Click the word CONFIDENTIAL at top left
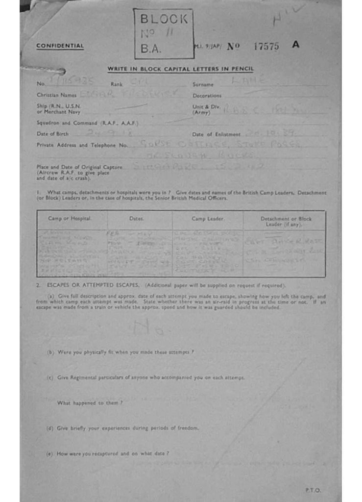[x=60, y=46]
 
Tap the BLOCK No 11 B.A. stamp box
[x=164, y=33]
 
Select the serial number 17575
[x=266, y=46]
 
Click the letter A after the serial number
[x=295, y=45]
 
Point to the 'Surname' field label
[x=203, y=84]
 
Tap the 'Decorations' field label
[x=207, y=96]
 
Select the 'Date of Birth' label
[x=52, y=133]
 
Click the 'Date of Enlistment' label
[x=216, y=134]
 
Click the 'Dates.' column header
[x=137, y=219]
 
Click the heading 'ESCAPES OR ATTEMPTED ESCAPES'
[x=92, y=285]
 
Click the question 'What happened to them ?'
[x=90, y=402]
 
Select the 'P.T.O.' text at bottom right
[x=313, y=489]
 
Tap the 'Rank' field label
[x=117, y=84]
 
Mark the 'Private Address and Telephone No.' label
[x=82, y=145]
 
